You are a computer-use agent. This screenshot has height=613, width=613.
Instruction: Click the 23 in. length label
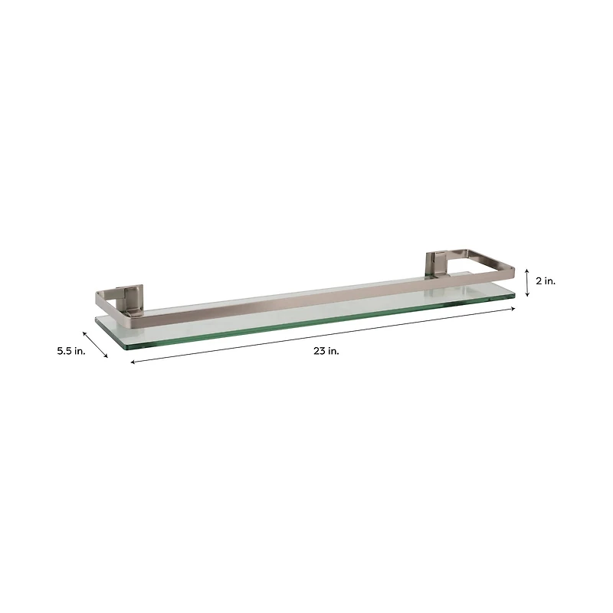(x=326, y=351)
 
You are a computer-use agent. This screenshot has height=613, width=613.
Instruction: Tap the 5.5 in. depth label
(x=71, y=350)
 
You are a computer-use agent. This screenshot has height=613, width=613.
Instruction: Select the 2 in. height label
(x=546, y=281)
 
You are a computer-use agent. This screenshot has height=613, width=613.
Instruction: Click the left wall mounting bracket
(x=129, y=300)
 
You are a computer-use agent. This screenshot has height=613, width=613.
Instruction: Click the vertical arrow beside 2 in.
(x=527, y=282)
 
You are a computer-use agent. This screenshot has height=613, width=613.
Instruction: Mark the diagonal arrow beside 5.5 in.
(x=95, y=344)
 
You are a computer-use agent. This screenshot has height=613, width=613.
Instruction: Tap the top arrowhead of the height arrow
(x=527, y=269)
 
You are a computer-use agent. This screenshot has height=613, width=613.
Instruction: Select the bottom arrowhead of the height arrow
(x=527, y=295)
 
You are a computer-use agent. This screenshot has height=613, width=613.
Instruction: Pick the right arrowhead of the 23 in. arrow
(x=513, y=309)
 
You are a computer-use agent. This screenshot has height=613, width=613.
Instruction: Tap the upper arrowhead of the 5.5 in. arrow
(x=84, y=333)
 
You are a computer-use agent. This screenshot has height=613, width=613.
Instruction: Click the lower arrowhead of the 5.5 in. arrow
(x=107, y=356)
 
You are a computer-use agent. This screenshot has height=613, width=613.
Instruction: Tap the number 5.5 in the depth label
(x=64, y=350)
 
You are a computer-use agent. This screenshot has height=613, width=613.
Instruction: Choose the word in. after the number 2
(x=549, y=281)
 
